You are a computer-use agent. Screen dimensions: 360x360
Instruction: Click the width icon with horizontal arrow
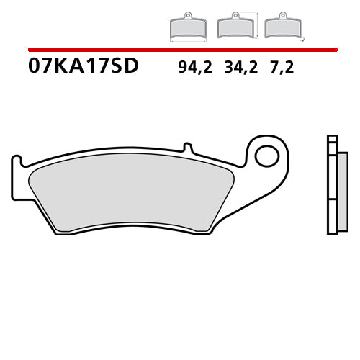point(187,29)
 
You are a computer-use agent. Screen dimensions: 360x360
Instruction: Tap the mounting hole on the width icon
point(187,16)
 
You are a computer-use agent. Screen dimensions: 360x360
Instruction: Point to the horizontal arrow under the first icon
point(187,41)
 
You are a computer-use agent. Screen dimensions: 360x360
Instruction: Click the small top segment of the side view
point(331,140)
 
